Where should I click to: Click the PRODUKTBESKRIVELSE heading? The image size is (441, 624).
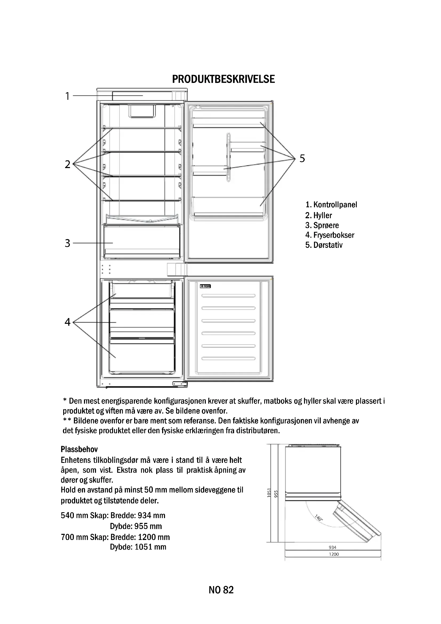coord(223,79)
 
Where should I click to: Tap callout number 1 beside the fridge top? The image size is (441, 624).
coord(67,96)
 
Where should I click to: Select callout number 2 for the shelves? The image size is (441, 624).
coord(67,164)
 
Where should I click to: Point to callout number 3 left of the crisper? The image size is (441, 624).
coord(67,243)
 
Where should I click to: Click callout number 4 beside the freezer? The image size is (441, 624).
coord(67,322)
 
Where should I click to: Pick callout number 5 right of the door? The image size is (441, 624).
coord(302,158)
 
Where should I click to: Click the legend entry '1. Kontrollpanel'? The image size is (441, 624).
coord(331,205)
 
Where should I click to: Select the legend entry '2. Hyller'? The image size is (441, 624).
coord(318,215)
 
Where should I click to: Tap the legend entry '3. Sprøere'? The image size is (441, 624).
coord(322,225)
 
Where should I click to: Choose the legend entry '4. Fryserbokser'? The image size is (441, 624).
coord(329,235)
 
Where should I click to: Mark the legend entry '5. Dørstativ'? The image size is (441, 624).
coord(324,245)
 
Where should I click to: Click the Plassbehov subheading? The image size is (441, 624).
coord(79,449)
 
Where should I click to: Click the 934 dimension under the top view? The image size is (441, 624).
coord(332,547)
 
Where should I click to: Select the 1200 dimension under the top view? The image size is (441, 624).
coord(334,554)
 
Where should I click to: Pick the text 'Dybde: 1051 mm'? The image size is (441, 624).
coord(138,547)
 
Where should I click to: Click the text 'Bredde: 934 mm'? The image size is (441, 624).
coord(138,515)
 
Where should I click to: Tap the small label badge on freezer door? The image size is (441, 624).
coord(205,286)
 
